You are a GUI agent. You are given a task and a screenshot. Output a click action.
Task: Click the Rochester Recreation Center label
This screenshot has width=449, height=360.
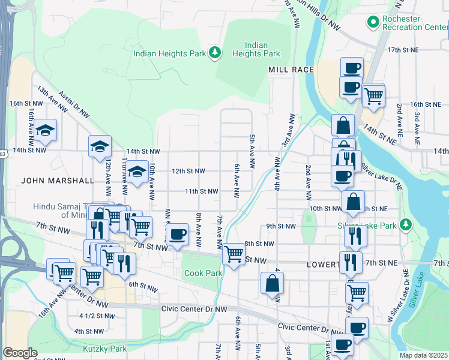click(x=411, y=23)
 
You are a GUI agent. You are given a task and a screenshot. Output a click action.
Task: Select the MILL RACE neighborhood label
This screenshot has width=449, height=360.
click(x=291, y=70)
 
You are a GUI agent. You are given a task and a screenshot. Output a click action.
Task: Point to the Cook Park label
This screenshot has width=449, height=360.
click(x=204, y=273)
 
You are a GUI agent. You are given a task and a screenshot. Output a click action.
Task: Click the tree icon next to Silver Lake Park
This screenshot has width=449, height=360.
click(x=406, y=225)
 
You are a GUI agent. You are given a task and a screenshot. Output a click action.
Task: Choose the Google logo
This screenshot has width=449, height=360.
click(x=20, y=353)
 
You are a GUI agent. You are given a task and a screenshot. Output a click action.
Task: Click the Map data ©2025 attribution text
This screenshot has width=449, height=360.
click(x=423, y=355)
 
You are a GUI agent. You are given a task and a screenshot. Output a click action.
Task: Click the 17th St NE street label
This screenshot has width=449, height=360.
click(x=402, y=50)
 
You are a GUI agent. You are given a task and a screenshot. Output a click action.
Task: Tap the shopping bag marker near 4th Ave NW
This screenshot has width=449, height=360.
click(x=272, y=284)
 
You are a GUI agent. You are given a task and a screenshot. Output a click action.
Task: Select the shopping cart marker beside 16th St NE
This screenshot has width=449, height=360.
click(x=373, y=95)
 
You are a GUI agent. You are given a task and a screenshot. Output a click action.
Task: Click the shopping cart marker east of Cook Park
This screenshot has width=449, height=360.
click(x=234, y=254)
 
